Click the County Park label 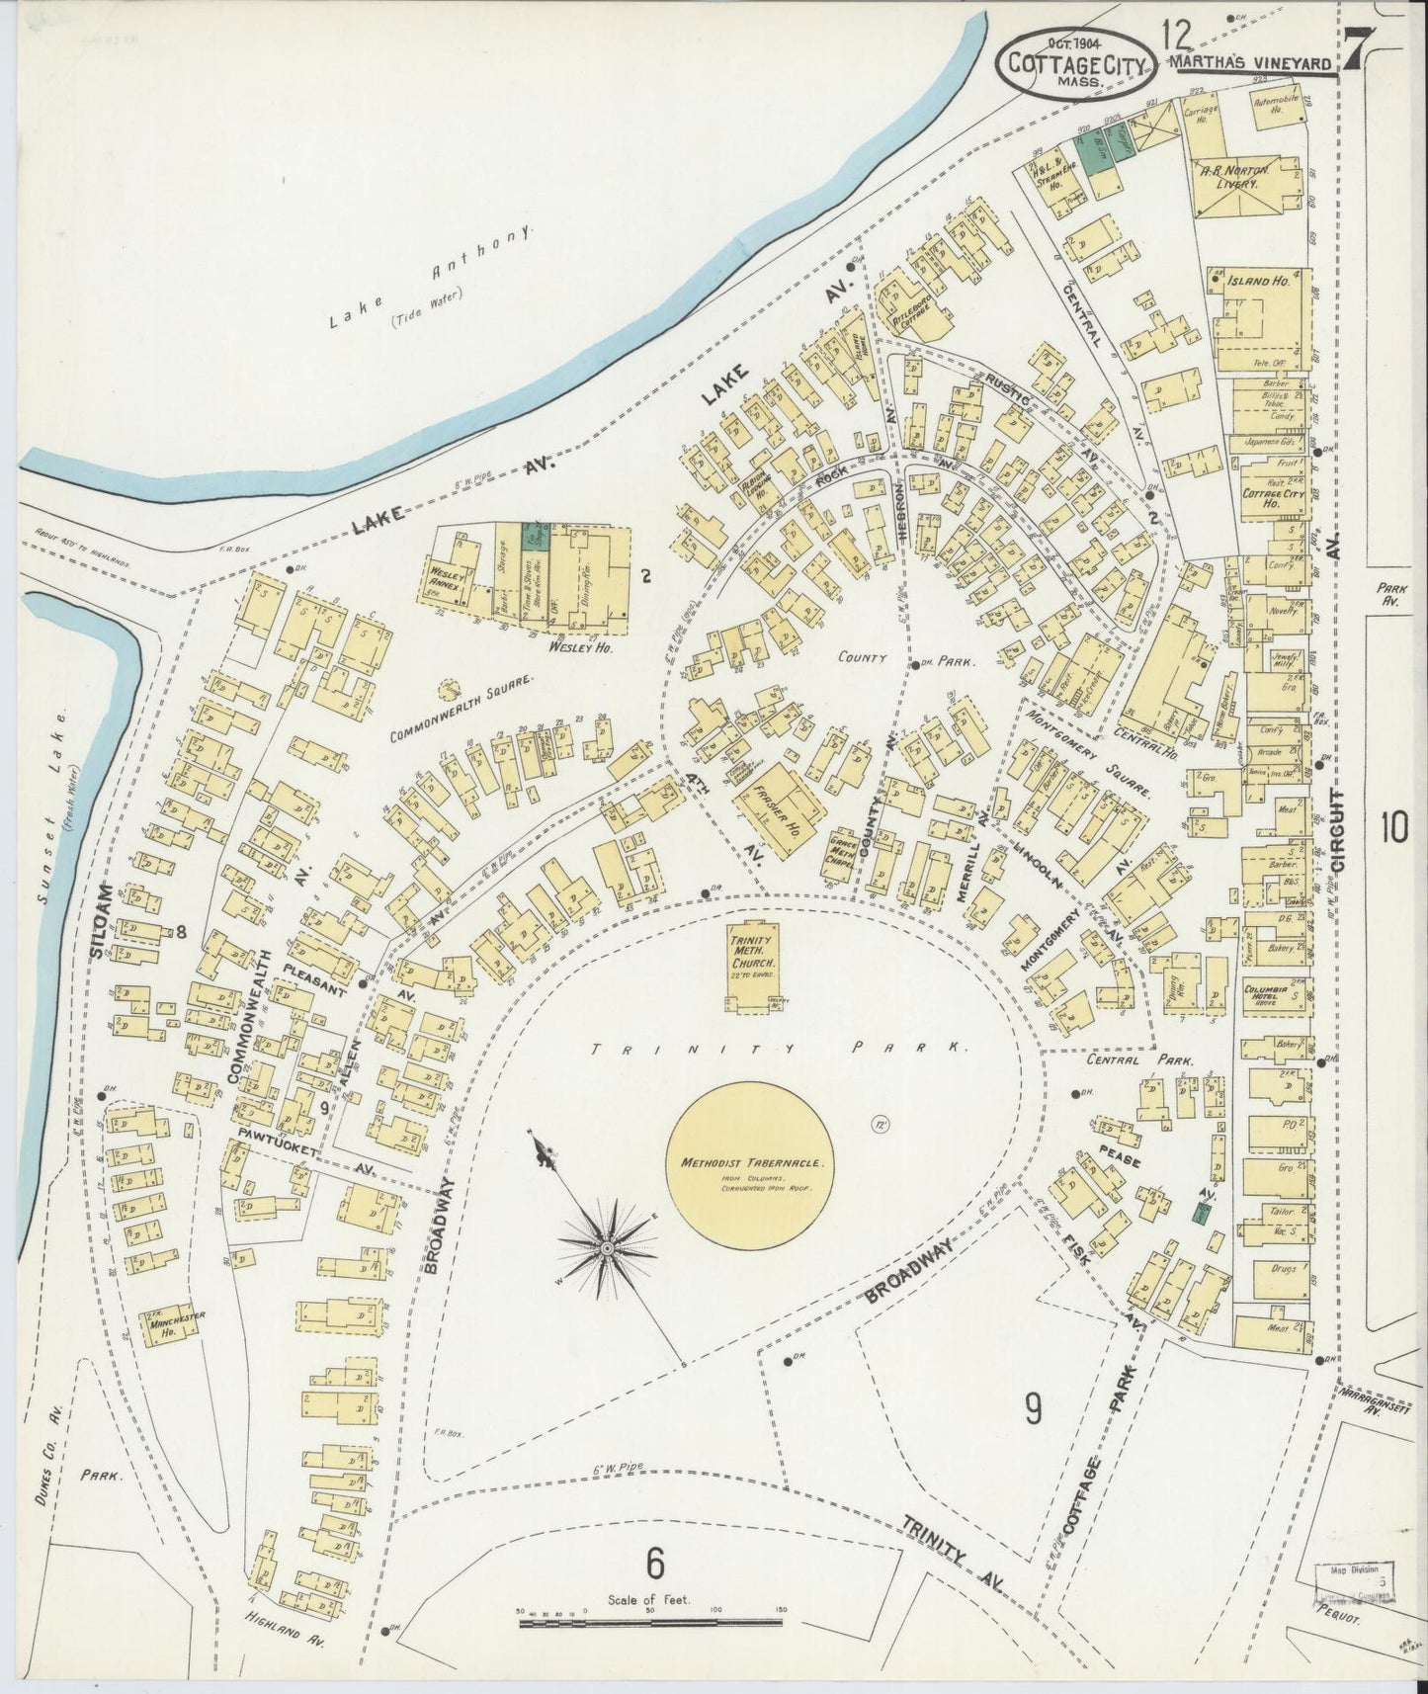tap(904, 657)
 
